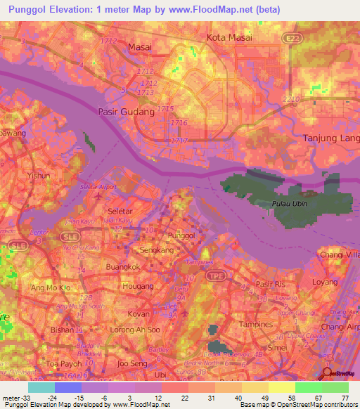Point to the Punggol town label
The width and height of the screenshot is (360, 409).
pyautogui.click(x=180, y=236)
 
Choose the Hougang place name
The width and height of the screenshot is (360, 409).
pyautogui.click(x=138, y=287)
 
